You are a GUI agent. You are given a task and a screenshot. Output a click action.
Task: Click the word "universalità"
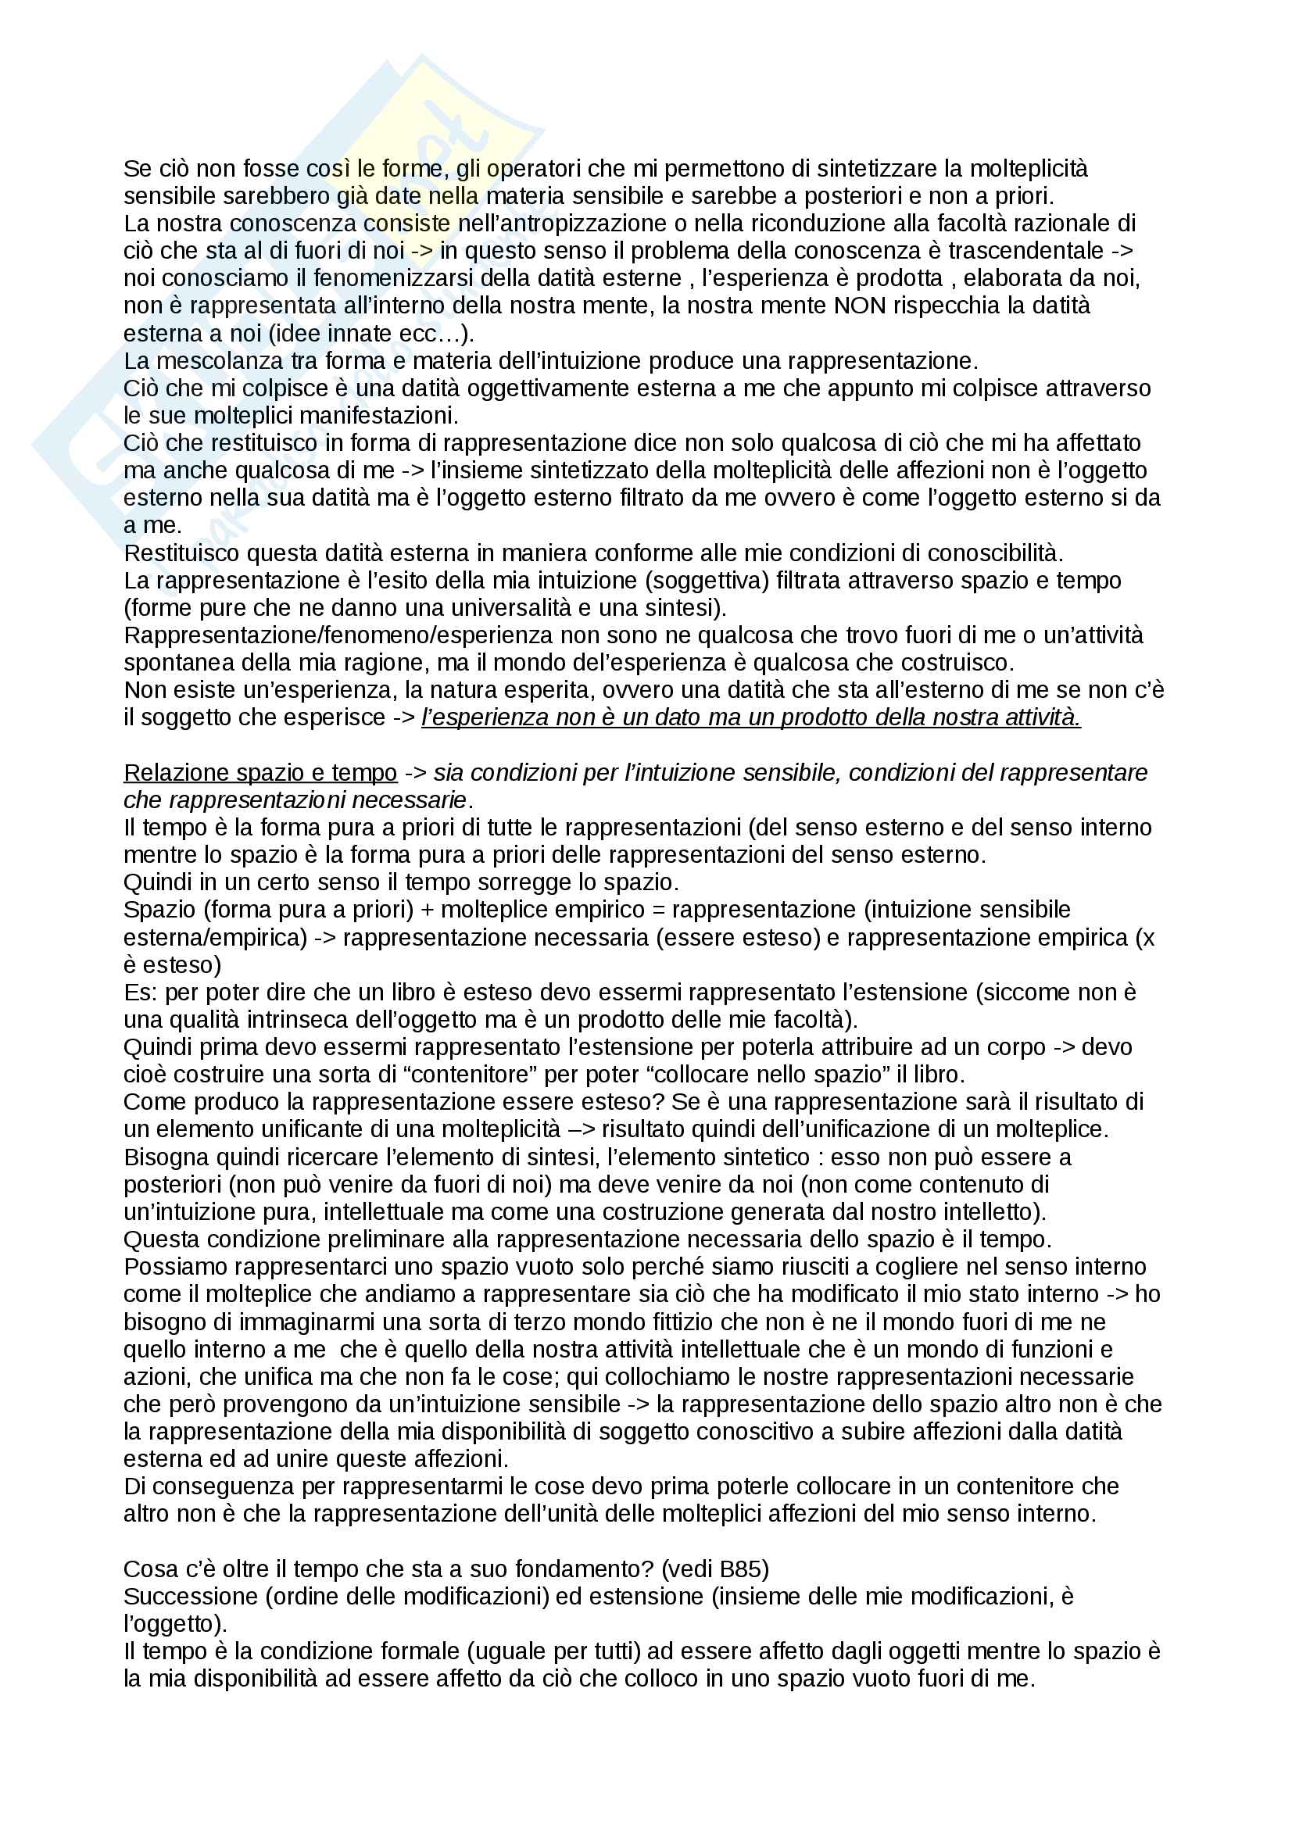pyautogui.click(x=521, y=607)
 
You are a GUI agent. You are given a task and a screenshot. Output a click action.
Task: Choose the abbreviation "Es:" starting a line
pyautogui.click(x=141, y=993)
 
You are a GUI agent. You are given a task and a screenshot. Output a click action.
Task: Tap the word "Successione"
pyautogui.click(x=188, y=1597)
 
